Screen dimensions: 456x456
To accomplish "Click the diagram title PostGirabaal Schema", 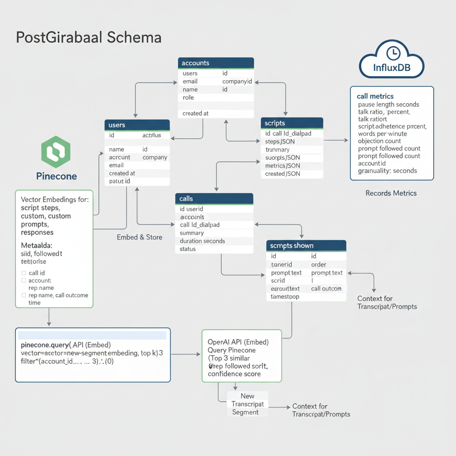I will click(x=89, y=37).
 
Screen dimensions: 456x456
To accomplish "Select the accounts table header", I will click(x=216, y=63).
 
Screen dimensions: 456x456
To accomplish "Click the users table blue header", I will click(x=137, y=125).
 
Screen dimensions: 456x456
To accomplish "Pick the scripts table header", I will click(x=292, y=123).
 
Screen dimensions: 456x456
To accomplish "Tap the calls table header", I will click(x=214, y=199).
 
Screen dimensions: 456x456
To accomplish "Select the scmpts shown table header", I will click(x=306, y=245).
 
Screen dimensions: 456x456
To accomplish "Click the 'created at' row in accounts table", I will click(x=195, y=114).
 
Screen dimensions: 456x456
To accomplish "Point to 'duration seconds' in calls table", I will click(x=202, y=241).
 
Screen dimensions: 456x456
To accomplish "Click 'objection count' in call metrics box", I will click(x=379, y=141).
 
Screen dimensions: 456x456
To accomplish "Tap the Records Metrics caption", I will click(x=391, y=193).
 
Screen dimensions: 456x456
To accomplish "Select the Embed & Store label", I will click(x=139, y=237).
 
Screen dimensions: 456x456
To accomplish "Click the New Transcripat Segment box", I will click(x=248, y=404).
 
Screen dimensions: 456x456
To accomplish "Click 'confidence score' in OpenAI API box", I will click(x=234, y=374).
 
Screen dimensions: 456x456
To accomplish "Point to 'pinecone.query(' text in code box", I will click(x=45, y=345).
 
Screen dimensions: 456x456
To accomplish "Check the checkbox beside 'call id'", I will click(x=24, y=273).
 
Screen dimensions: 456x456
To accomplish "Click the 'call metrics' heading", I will click(x=375, y=96).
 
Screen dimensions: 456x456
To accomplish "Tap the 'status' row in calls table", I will click(x=187, y=249).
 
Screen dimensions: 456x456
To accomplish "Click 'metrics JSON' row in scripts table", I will click(x=282, y=166).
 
